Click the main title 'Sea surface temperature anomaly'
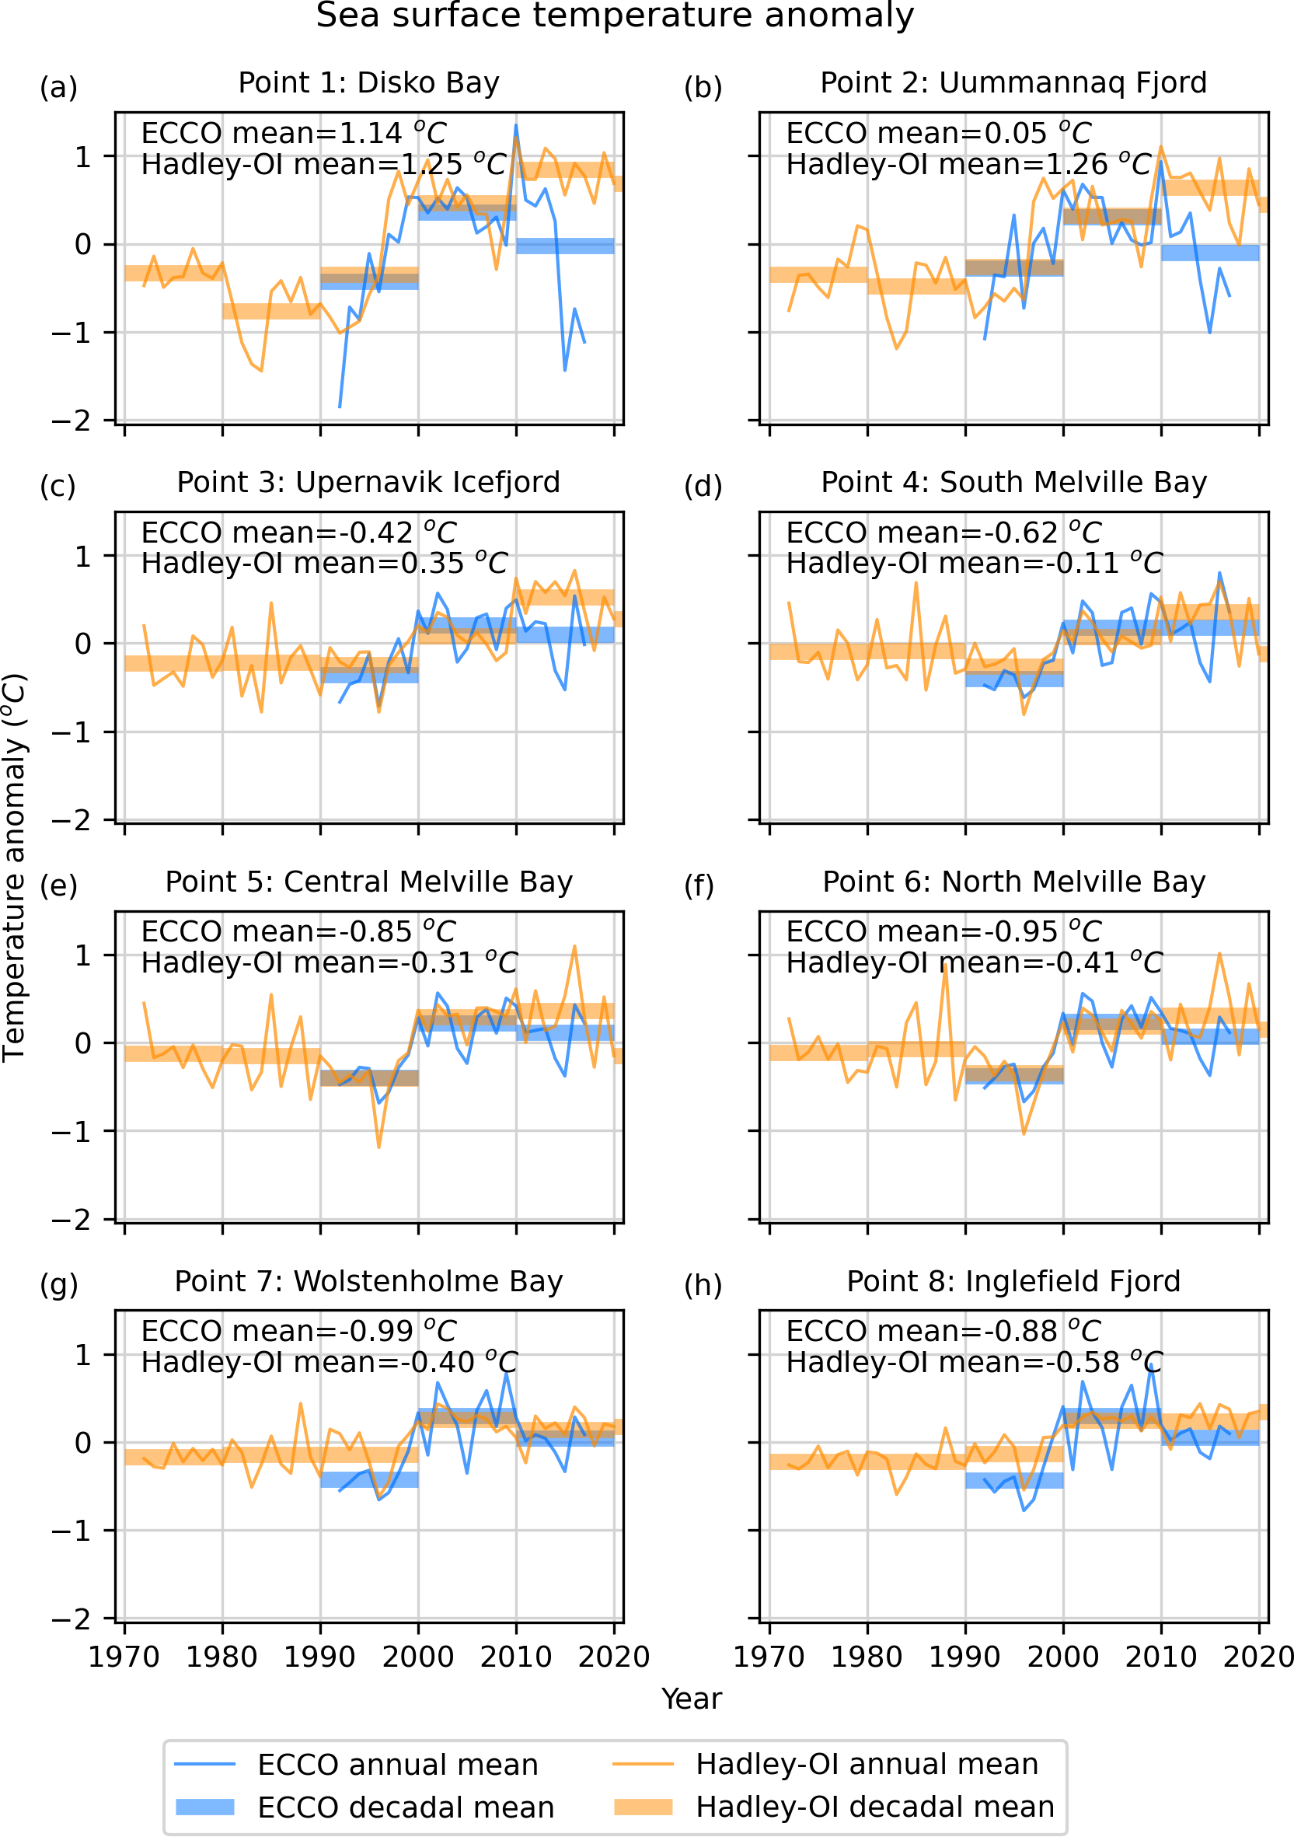[x=614, y=16]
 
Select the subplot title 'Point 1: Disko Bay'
[x=368, y=83]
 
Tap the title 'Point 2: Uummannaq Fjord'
[x=1013, y=83]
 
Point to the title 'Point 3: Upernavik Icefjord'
[x=368, y=483]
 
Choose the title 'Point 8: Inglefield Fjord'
[x=1013, y=1281]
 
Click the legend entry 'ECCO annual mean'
[x=397, y=1764]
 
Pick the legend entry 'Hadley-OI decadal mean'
[x=874, y=1807]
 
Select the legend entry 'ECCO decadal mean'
[x=406, y=1807]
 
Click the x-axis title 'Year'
[x=691, y=1699]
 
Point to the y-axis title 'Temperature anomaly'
[x=15, y=868]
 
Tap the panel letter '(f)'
[x=699, y=885]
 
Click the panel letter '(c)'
[x=58, y=487]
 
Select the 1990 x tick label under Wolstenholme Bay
[x=320, y=1656]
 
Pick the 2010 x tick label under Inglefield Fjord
[x=1160, y=1656]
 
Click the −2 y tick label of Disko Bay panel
[x=72, y=421]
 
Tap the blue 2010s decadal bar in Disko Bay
[x=565, y=246]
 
